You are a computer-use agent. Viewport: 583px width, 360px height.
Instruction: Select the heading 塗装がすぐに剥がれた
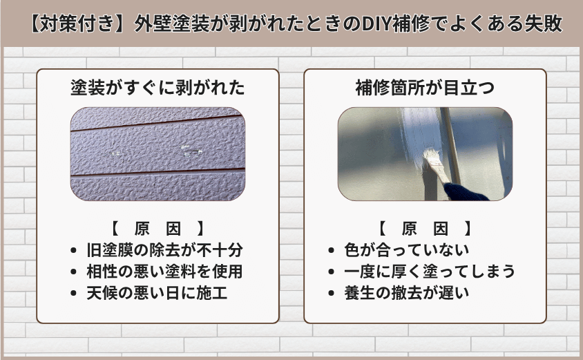(158, 88)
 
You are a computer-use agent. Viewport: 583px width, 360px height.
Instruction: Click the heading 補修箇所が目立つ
(425, 88)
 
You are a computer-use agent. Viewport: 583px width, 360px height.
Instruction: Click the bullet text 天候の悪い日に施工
(157, 292)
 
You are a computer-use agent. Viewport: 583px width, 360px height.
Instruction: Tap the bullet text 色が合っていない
(408, 249)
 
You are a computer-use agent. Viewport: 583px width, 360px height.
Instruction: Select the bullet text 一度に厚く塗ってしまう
(430, 271)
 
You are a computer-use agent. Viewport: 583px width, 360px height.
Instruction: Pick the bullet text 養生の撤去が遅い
(408, 292)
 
